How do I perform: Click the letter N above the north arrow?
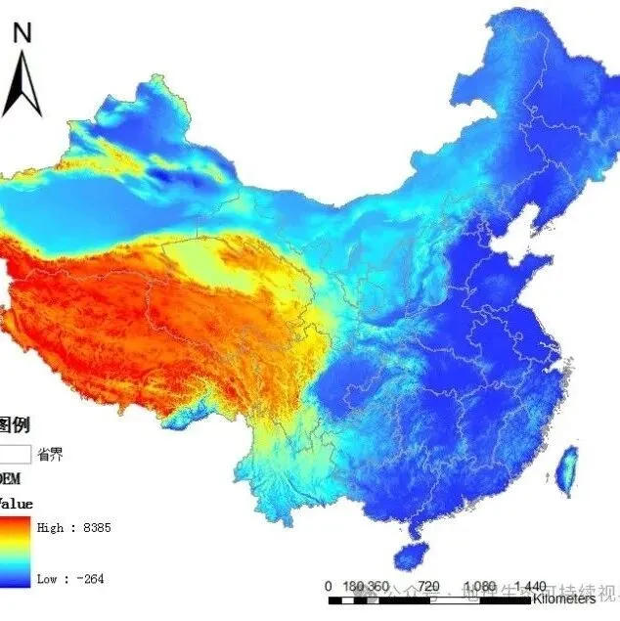pyautogui.click(x=22, y=32)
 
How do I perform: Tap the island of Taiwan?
pyautogui.click(x=565, y=471)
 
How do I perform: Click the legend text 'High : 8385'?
pyautogui.click(x=73, y=528)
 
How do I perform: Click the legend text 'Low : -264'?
pyautogui.click(x=69, y=579)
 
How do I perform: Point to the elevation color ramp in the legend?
pyautogui.click(x=15, y=553)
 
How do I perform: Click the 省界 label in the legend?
pyautogui.click(x=51, y=454)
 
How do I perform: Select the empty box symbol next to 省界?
pyautogui.click(x=14, y=454)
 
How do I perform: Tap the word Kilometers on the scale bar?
pyautogui.click(x=564, y=599)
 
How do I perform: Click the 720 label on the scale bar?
pyautogui.click(x=429, y=586)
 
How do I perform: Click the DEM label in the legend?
pyautogui.click(x=9, y=479)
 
